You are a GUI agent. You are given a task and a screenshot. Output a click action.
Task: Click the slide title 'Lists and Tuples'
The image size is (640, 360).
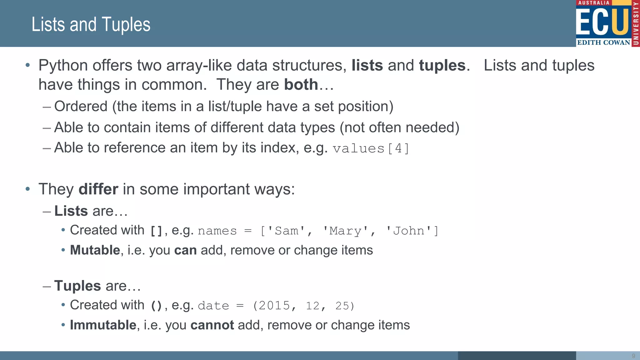[91, 24]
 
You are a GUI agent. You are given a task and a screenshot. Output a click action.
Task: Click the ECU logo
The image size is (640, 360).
[607, 23]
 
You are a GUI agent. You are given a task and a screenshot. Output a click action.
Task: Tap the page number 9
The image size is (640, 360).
[633, 356]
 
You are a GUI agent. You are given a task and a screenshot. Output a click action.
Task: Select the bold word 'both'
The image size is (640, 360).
[301, 85]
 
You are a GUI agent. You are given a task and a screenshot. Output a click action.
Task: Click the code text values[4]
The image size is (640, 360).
[371, 148]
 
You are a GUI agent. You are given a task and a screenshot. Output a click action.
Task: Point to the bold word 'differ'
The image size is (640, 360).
[98, 189]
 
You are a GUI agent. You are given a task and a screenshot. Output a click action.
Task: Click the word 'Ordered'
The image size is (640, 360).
[81, 106]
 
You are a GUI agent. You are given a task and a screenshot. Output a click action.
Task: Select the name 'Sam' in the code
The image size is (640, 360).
[286, 231]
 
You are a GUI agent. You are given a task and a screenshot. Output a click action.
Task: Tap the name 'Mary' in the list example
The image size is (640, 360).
[345, 231]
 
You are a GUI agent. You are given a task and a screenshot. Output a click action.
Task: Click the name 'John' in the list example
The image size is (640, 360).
[408, 231]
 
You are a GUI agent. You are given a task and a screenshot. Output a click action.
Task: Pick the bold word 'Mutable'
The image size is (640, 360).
[95, 250]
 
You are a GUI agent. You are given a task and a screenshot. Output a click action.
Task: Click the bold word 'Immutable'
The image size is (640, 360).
[103, 325]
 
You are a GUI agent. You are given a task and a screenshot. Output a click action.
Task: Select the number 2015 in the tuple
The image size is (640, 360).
[274, 306]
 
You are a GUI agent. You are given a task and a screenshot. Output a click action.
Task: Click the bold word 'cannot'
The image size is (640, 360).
[212, 325]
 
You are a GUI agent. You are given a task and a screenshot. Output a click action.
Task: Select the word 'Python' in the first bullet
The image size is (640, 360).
[63, 66]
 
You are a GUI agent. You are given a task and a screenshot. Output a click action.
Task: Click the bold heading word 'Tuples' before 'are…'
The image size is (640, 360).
[77, 286]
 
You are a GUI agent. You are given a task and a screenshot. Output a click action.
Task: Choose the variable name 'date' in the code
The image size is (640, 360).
[213, 306]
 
